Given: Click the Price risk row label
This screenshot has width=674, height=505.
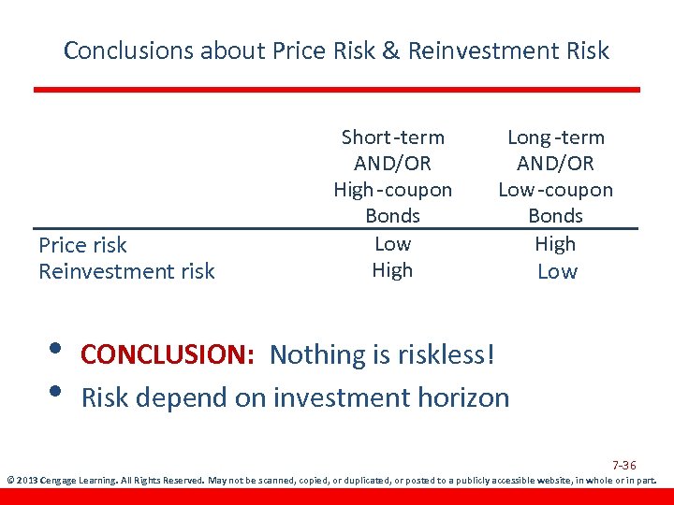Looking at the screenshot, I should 82,245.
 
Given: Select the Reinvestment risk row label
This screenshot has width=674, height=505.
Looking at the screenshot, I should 126,271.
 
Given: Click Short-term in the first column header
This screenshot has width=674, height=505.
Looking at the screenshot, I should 392,137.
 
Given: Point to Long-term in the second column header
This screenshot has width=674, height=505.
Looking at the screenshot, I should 555,137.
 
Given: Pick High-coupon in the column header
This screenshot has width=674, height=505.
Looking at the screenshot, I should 392,190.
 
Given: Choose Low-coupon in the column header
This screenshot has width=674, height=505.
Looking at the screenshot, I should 555,190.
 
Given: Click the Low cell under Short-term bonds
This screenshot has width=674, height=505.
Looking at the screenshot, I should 392,244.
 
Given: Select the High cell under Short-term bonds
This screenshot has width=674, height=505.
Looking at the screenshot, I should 392,270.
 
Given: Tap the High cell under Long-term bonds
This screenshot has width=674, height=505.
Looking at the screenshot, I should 555,244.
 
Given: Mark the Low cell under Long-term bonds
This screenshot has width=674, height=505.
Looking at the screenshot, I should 557,271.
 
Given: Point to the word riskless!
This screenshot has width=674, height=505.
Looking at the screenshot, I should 444,355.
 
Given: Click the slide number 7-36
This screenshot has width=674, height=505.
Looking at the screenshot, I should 624,465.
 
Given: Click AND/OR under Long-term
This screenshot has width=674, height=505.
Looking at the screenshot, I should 555,164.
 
